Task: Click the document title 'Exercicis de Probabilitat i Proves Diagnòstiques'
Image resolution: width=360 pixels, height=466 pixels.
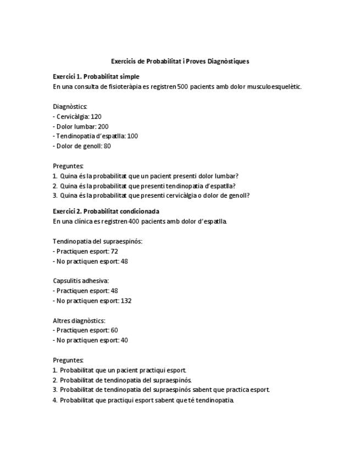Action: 180,61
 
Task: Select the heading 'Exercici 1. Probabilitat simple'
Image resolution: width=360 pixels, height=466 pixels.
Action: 96,76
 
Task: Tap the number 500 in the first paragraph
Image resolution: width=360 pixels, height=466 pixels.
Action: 183,86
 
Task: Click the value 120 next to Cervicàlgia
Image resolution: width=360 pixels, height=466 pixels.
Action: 96,116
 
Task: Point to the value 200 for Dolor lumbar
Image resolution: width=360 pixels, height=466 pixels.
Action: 103,126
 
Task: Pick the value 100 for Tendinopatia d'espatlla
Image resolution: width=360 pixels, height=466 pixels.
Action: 132,136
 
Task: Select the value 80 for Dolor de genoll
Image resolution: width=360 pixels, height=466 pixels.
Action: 107,146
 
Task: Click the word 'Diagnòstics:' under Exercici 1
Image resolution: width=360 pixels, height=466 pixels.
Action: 70,107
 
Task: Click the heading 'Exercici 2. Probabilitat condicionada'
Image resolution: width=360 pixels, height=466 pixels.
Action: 106,211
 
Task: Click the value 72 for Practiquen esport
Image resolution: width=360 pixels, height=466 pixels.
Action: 114,251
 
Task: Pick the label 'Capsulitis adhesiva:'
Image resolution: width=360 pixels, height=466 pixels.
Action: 81,281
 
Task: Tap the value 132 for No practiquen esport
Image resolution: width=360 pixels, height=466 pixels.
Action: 126,301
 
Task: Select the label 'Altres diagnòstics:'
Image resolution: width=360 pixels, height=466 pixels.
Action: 79,320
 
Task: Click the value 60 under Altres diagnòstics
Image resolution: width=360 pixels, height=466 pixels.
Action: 114,330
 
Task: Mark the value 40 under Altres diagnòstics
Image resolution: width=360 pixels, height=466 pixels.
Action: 124,340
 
